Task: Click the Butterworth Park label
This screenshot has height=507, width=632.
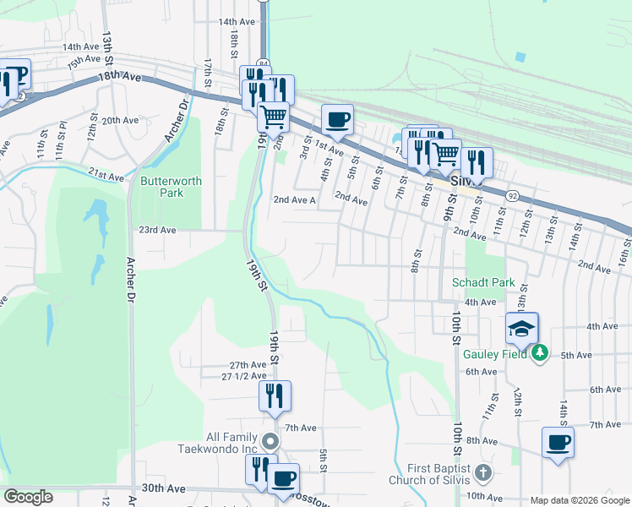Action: (x=161, y=186)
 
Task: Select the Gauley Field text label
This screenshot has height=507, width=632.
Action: (x=494, y=354)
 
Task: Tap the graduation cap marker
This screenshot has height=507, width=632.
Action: (x=522, y=328)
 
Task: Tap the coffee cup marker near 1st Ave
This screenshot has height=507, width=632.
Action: (x=337, y=119)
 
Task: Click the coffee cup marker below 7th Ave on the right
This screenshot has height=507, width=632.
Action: (x=558, y=442)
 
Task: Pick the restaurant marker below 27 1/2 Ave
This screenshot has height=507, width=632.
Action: (x=275, y=395)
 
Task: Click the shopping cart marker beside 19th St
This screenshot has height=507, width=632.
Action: (x=273, y=115)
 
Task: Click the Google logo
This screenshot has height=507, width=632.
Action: (x=29, y=497)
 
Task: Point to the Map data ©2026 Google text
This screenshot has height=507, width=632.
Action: (x=580, y=500)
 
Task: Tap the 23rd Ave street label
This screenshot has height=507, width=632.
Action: (x=157, y=230)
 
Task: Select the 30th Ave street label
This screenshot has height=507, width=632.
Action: (x=163, y=488)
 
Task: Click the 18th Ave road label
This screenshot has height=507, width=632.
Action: (x=119, y=75)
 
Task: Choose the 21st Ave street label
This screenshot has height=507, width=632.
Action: (x=106, y=175)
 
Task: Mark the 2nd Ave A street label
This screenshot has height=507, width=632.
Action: (x=294, y=201)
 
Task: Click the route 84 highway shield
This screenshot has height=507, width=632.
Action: (x=264, y=63)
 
